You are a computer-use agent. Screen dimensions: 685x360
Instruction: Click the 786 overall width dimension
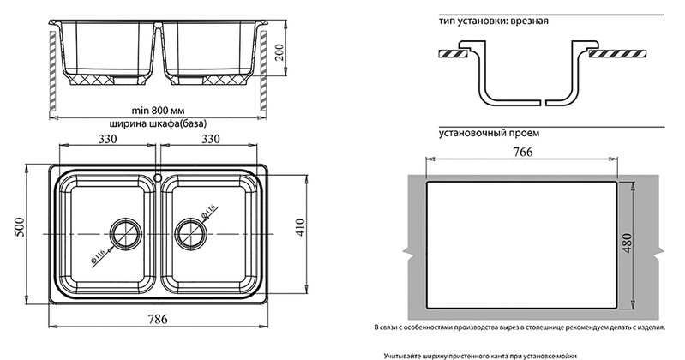[157, 319]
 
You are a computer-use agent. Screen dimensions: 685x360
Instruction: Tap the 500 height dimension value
[20, 227]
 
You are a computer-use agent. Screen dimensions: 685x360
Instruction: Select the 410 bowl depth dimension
[301, 228]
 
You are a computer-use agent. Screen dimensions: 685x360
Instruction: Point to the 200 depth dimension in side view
[279, 52]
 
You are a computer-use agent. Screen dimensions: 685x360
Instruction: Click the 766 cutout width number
[522, 152]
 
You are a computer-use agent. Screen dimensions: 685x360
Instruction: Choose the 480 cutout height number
[627, 244]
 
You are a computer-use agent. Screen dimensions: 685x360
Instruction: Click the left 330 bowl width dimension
[107, 139]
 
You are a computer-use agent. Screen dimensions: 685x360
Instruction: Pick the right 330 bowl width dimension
[210, 139]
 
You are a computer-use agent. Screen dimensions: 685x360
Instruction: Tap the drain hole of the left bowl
[126, 234]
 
